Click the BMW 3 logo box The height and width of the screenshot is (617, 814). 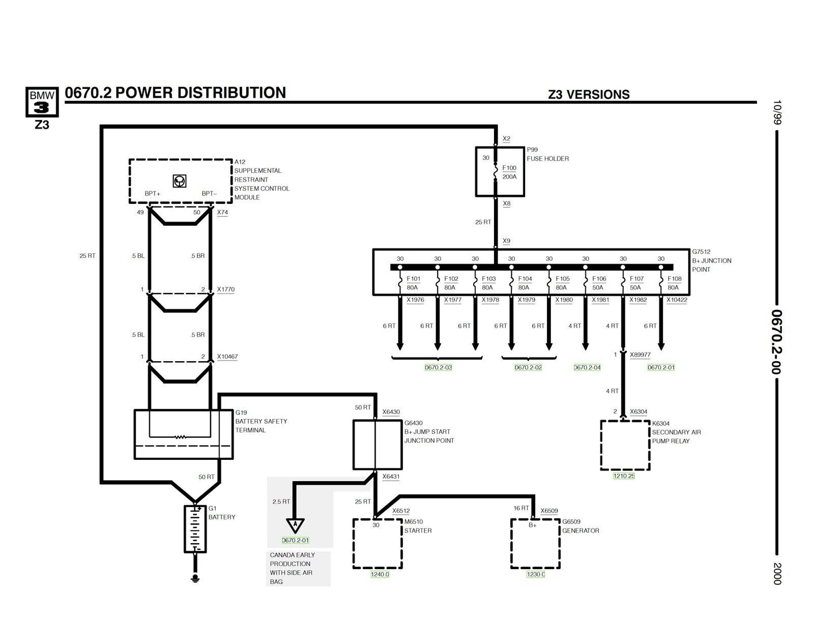pyautogui.click(x=42, y=102)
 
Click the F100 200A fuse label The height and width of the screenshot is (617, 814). pyautogui.click(x=509, y=172)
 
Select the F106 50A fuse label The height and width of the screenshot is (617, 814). pyautogui.click(x=599, y=283)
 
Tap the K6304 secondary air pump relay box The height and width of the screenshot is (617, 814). pyautogui.click(x=625, y=445)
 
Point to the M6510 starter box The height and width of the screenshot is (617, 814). pyautogui.click(x=377, y=544)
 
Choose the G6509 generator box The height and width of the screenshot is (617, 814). pyautogui.click(x=535, y=544)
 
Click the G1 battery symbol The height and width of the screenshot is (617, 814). pyautogui.click(x=195, y=529)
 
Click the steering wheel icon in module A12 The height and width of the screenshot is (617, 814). pyautogui.click(x=180, y=181)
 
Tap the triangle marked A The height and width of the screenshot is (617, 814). pyautogui.click(x=295, y=525)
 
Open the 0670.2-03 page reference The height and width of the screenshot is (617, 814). pyautogui.click(x=438, y=367)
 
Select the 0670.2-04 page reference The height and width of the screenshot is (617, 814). pyautogui.click(x=587, y=367)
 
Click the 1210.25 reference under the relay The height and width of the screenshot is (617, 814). pyautogui.click(x=624, y=476)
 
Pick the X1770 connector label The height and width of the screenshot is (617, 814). pyautogui.click(x=225, y=290)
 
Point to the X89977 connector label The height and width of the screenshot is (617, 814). pyautogui.click(x=640, y=355)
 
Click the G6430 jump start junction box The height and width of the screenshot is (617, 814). pyautogui.click(x=377, y=445)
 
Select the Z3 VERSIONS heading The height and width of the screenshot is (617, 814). pyautogui.click(x=589, y=95)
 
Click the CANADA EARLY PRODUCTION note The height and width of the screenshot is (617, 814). pyautogui.click(x=292, y=568)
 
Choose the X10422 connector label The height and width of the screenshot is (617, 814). pyautogui.click(x=677, y=300)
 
